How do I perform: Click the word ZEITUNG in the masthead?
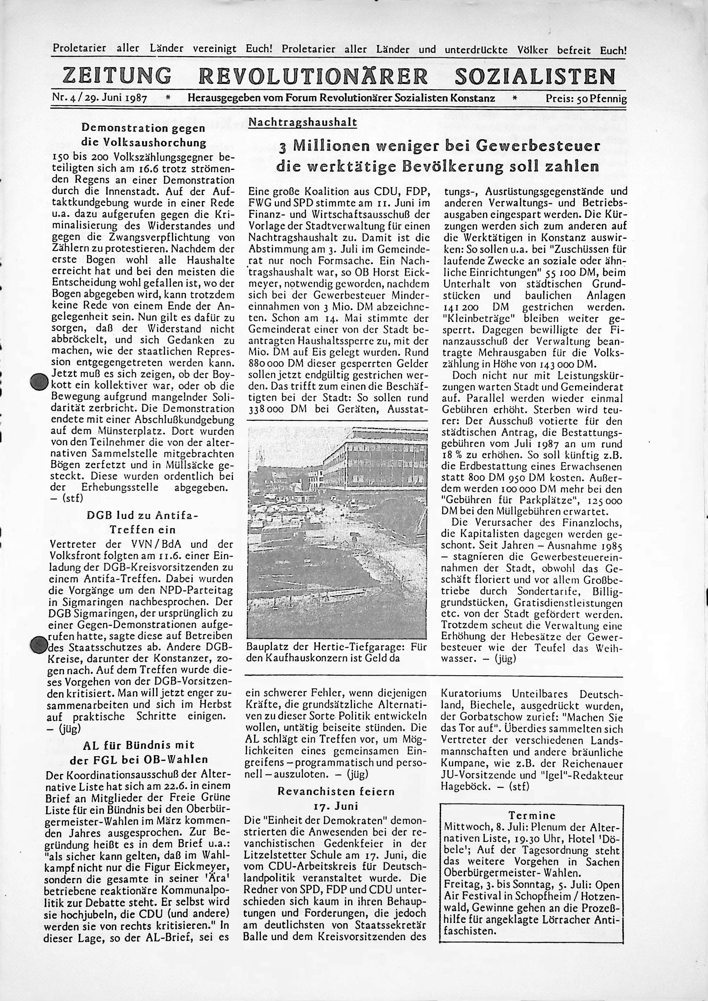click(x=117, y=75)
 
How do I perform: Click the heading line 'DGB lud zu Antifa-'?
click(x=142, y=516)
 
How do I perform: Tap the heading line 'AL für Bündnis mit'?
click(x=138, y=745)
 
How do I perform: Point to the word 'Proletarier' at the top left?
click(x=79, y=48)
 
